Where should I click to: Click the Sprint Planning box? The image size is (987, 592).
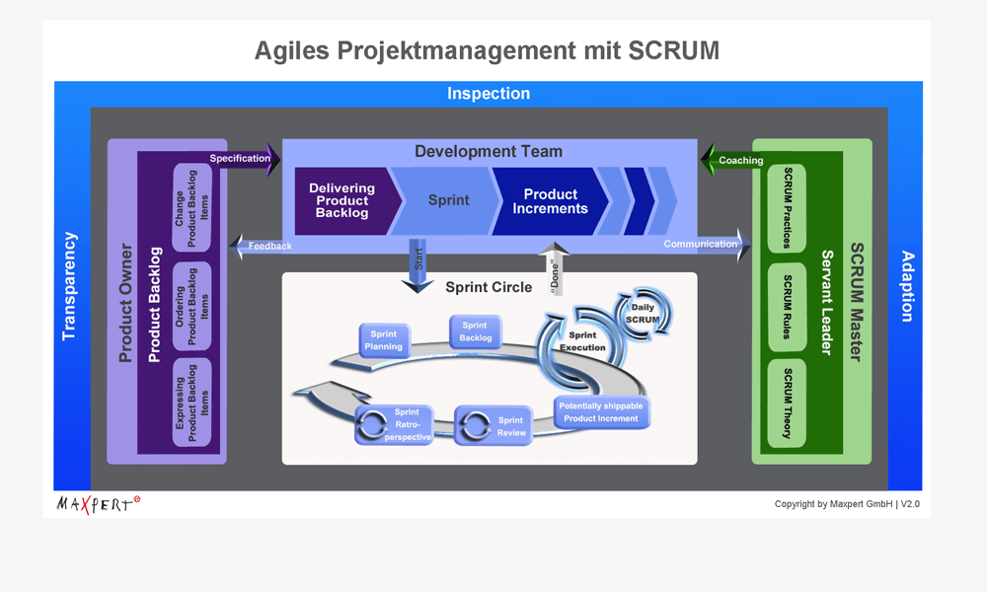(x=383, y=340)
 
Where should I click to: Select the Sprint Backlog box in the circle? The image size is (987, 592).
(x=475, y=332)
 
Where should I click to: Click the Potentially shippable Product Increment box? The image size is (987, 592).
(x=600, y=412)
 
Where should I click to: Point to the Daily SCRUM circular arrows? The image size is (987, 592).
(x=644, y=313)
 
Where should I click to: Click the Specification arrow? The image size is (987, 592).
(x=243, y=159)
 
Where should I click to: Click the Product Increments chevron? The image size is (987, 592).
(x=551, y=201)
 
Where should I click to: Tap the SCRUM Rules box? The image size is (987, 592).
(x=787, y=307)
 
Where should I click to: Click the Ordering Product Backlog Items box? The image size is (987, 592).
(x=192, y=306)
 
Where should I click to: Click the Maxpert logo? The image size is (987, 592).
(x=97, y=503)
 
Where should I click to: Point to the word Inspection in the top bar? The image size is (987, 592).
(x=489, y=94)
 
